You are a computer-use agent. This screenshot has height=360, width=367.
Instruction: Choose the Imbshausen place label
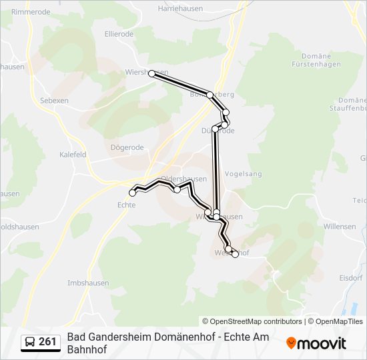click(x=88, y=283)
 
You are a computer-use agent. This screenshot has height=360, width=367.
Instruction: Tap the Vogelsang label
click(x=244, y=174)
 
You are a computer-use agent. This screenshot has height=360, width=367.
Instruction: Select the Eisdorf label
click(x=350, y=277)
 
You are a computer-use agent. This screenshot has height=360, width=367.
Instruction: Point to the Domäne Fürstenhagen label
click(x=317, y=60)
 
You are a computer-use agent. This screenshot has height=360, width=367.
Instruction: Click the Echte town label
click(x=126, y=205)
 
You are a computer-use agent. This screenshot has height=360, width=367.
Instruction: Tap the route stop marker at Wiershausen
click(x=152, y=73)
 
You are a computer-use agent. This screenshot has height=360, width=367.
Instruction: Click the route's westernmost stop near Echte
click(x=132, y=193)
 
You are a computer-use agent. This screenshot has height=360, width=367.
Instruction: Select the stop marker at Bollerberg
click(x=210, y=95)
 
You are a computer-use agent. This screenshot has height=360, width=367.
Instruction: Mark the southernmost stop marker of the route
click(x=235, y=254)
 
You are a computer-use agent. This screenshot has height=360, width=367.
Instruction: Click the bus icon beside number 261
click(x=30, y=342)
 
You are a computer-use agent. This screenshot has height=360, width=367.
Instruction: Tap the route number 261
click(x=47, y=342)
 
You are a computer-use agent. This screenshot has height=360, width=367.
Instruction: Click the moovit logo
click(x=317, y=343)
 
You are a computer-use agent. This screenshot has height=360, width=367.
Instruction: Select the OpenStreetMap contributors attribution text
click(x=252, y=321)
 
